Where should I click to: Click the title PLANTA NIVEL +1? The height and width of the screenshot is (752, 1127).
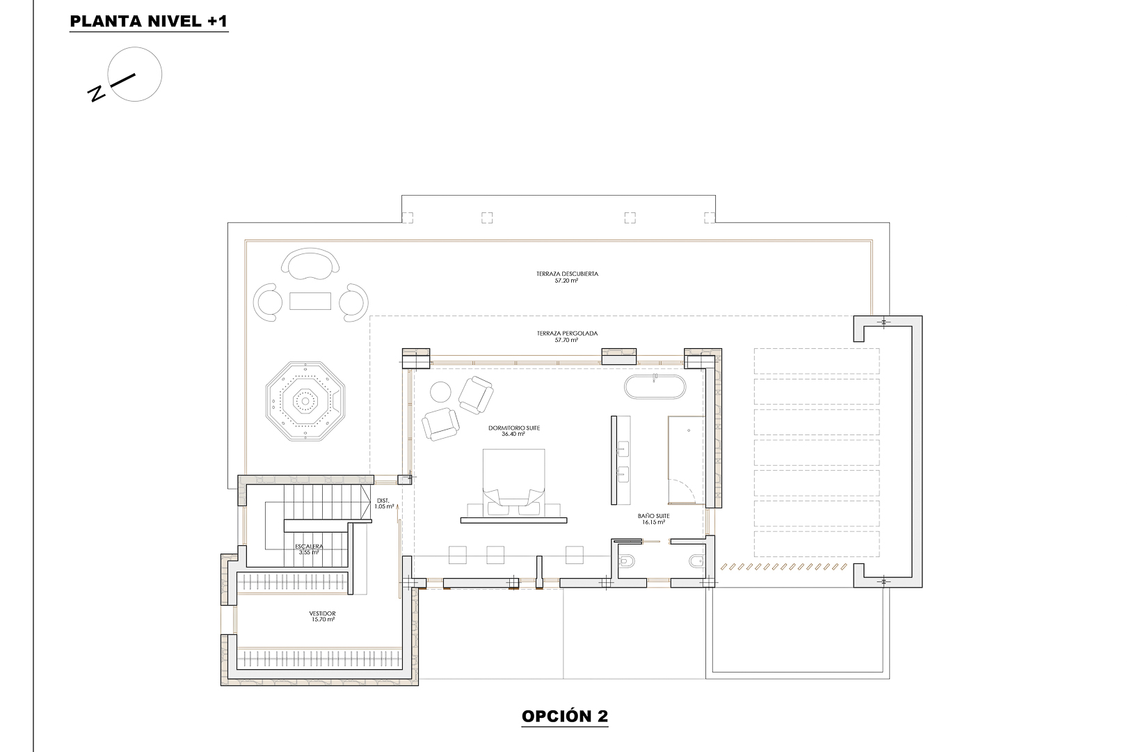click(x=149, y=21)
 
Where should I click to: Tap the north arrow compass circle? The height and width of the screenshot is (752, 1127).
click(x=136, y=74)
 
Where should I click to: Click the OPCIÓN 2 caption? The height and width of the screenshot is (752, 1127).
click(x=565, y=716)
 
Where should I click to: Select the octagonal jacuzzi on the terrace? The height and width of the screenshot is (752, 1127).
click(x=305, y=400)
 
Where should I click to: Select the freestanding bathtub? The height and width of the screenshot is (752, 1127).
click(x=655, y=387)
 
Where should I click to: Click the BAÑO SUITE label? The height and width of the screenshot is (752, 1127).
click(x=653, y=519)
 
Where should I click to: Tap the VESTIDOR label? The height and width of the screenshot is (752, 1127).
click(x=323, y=616)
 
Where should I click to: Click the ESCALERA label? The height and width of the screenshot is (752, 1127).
click(x=308, y=549)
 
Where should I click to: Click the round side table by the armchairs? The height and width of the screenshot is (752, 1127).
click(x=440, y=393)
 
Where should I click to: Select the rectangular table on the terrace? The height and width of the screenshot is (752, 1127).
click(x=310, y=301)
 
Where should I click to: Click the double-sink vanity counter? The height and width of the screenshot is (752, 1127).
click(x=623, y=460)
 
